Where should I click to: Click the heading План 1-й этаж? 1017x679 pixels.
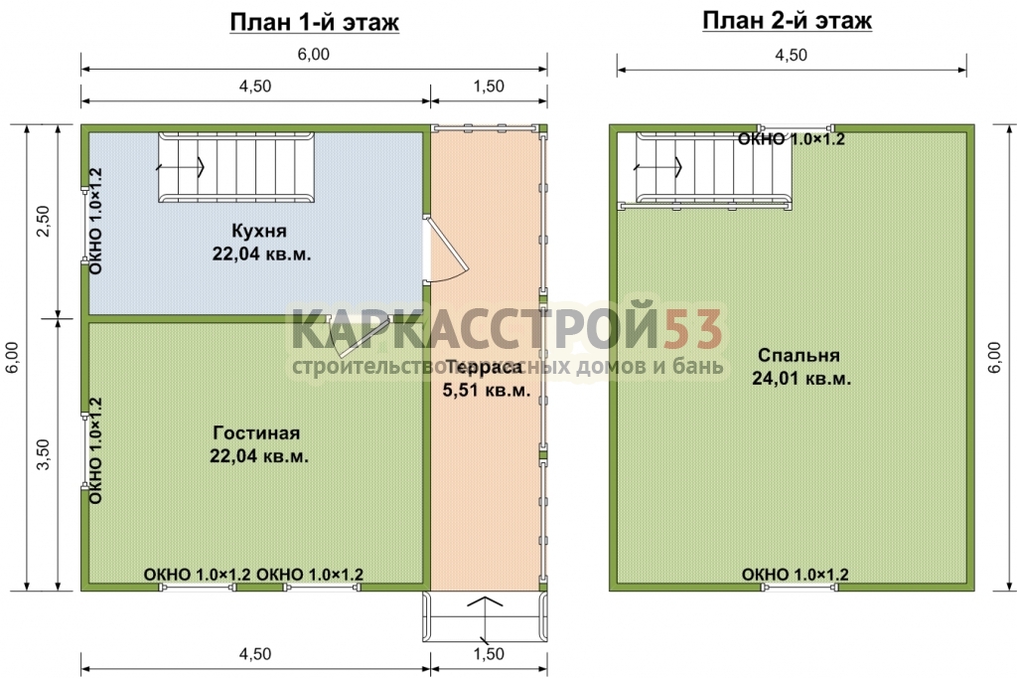pyautogui.click(x=315, y=23)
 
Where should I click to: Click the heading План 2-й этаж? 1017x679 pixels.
pyautogui.click(x=787, y=21)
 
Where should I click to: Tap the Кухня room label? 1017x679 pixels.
pyautogui.click(x=259, y=231)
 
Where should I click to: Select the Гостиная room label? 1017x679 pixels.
pyautogui.click(x=257, y=433)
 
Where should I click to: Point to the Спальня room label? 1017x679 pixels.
pyautogui.click(x=799, y=355)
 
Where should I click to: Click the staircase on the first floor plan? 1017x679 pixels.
pyautogui.click(x=236, y=167)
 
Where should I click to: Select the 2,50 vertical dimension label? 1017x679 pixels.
pyautogui.click(x=43, y=221)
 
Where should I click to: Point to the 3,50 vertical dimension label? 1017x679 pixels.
pyautogui.click(x=43, y=454)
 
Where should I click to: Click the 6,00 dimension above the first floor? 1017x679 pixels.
pyautogui.click(x=313, y=55)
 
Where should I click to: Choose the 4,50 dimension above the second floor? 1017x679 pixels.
pyautogui.click(x=792, y=56)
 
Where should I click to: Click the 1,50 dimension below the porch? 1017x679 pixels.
pyautogui.click(x=489, y=654)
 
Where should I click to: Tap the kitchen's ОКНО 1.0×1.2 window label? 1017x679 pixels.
pyautogui.click(x=96, y=222)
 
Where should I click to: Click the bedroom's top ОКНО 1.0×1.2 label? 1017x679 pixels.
pyautogui.click(x=792, y=139)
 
